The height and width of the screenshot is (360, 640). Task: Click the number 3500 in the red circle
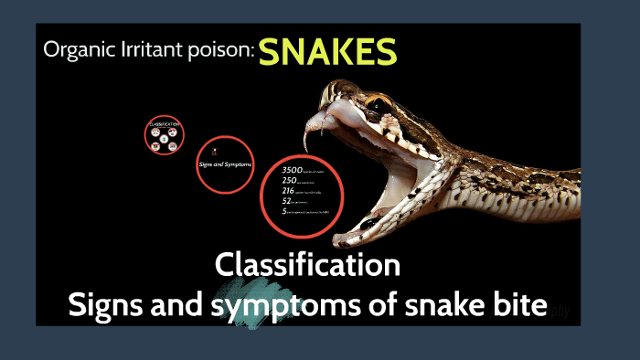click(x=292, y=170)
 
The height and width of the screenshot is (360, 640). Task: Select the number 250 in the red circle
click(x=290, y=181)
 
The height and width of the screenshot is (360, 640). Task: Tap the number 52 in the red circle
click(x=286, y=201)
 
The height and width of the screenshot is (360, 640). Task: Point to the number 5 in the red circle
click(x=284, y=211)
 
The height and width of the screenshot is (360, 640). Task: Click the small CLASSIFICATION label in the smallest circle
click(x=164, y=123)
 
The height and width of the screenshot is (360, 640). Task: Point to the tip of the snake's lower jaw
click(x=340, y=241)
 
